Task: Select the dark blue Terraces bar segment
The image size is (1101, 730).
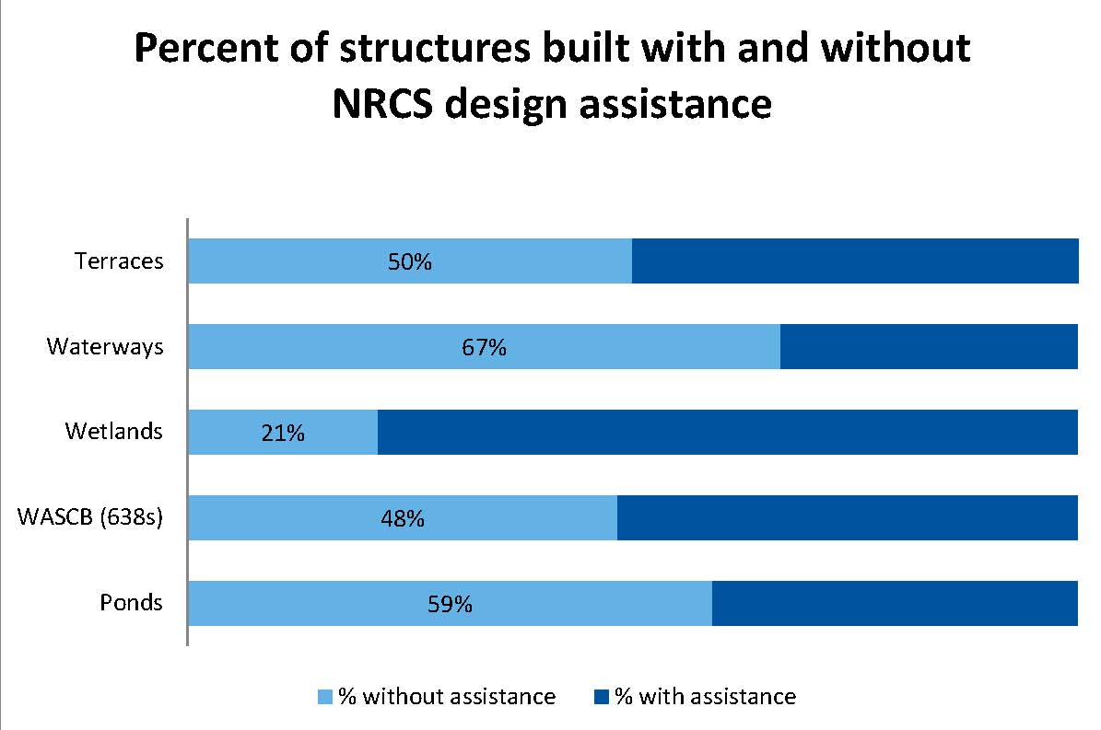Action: coord(855,261)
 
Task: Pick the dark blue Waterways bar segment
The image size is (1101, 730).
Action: coord(929,347)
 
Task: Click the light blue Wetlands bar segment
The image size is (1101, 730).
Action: coord(230,432)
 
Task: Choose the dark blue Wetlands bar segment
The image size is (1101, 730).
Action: coord(728,432)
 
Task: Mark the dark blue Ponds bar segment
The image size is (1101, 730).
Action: coord(895,604)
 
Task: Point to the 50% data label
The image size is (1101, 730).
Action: coord(410,262)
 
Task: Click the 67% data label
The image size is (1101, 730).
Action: coord(485,349)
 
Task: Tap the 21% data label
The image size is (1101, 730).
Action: coord(282,434)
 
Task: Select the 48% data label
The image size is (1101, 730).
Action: coord(402,519)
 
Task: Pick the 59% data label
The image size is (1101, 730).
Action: coord(451,605)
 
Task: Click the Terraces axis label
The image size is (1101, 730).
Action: coord(119,261)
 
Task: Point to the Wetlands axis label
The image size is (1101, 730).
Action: coord(114,431)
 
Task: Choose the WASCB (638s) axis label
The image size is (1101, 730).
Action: coord(90,517)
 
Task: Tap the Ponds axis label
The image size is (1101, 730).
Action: coord(131,603)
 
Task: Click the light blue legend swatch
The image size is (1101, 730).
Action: coord(324,696)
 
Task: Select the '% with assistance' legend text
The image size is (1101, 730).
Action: coord(705,696)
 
